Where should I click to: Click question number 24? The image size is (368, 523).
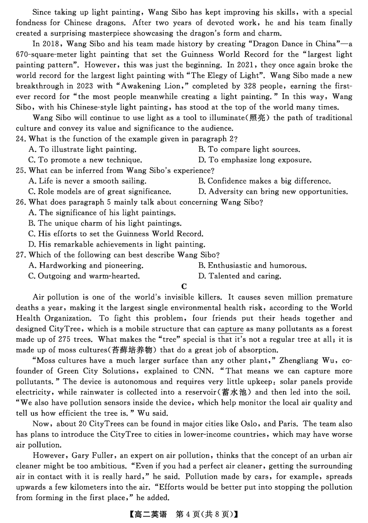(21, 139)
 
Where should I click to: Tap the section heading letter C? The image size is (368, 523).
(184, 287)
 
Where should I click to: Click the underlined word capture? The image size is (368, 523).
(230, 329)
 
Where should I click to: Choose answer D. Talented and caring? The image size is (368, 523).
(239, 276)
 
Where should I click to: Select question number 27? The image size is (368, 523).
(21, 255)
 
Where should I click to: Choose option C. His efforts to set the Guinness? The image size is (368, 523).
(115, 234)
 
